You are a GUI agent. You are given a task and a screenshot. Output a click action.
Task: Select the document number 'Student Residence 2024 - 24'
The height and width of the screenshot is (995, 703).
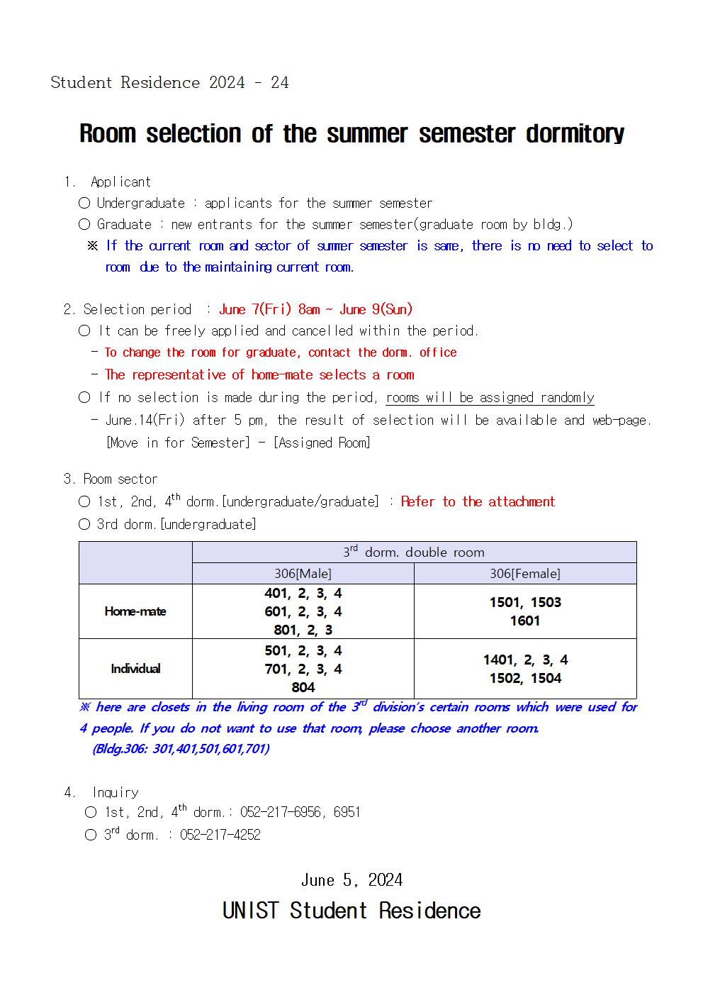tap(169, 82)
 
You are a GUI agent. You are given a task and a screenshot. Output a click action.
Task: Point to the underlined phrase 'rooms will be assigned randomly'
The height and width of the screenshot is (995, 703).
tap(490, 397)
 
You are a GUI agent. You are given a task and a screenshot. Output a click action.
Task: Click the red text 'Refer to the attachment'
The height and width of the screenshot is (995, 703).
tap(478, 501)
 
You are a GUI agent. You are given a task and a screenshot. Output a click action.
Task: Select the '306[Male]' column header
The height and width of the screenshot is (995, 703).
tap(303, 574)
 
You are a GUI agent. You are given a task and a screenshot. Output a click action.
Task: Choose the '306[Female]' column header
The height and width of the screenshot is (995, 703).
tap(525, 574)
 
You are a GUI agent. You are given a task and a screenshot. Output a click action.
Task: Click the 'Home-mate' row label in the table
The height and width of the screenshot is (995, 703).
tap(135, 611)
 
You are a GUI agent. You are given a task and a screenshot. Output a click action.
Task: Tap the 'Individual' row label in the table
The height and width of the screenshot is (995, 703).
tap(135, 669)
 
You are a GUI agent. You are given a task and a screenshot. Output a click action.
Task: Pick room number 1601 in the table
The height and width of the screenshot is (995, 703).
tap(525, 621)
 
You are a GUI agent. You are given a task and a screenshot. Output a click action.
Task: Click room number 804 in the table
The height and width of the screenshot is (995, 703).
tap(303, 687)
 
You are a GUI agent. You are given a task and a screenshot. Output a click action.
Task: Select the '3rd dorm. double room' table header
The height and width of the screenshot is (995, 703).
tap(414, 552)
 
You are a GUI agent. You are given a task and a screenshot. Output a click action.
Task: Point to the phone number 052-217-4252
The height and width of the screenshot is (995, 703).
tap(220, 835)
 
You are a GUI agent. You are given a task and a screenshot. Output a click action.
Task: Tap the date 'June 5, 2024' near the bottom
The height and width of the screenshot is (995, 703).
tap(351, 880)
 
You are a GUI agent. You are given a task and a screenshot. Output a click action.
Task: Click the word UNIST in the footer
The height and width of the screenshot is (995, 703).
tap(252, 911)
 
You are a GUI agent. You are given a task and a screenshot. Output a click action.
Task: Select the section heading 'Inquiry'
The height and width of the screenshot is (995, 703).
tap(116, 792)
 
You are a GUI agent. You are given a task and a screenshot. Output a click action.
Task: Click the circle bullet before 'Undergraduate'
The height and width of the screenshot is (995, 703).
tap(84, 204)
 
